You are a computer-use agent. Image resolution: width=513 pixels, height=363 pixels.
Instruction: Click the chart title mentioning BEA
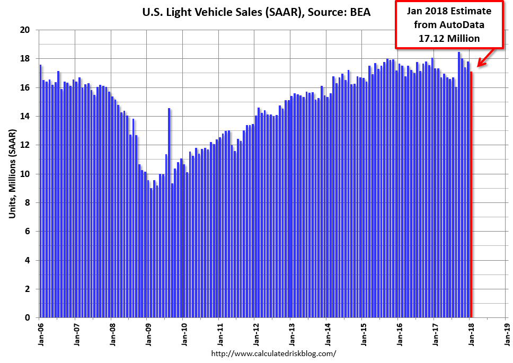(256, 11)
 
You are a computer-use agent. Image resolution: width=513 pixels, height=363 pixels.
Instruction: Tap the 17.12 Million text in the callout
(448, 38)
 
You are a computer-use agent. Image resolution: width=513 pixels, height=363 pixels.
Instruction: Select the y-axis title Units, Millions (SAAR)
(12, 175)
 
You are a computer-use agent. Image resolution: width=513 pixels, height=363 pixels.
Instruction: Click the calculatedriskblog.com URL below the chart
(273, 353)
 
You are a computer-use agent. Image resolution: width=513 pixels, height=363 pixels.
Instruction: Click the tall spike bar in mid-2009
(169, 212)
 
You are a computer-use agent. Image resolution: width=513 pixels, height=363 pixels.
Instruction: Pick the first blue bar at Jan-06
(41, 191)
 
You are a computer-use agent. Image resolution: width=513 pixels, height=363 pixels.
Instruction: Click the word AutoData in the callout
(465, 24)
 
